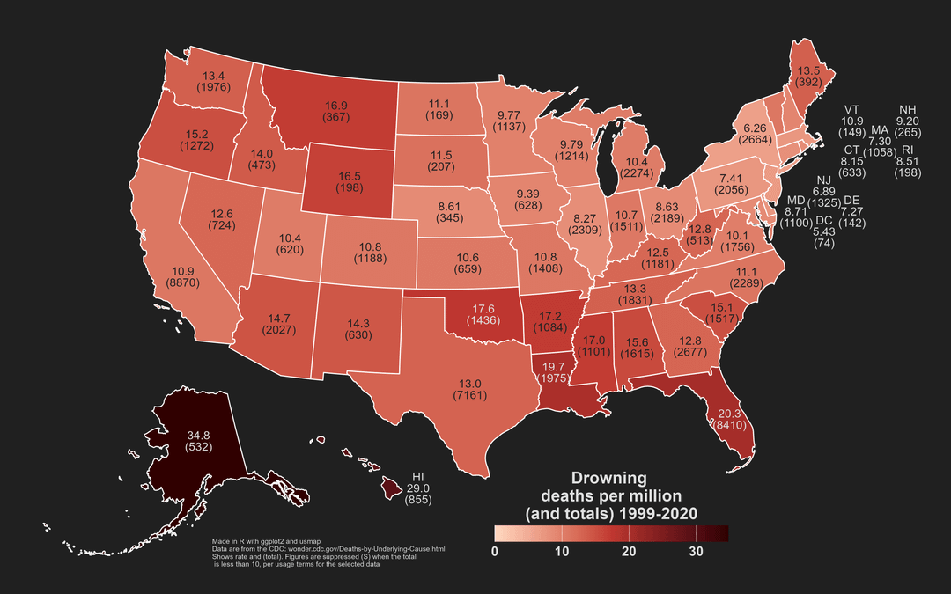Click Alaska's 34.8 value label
[197, 435]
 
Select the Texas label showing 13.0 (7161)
[470, 390]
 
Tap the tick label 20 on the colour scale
[629, 552]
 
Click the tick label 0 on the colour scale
[495, 552]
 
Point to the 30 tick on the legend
[696, 552]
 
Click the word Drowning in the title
[609, 479]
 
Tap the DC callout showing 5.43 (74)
[824, 231]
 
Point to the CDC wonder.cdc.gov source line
[328, 549]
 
